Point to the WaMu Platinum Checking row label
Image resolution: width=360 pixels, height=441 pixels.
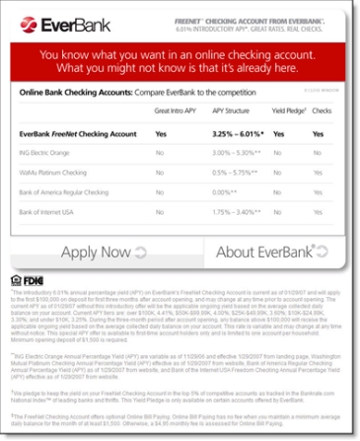click(55, 174)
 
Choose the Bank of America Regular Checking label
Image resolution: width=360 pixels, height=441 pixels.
click(67, 194)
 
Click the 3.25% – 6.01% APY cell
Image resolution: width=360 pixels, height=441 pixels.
click(236, 132)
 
